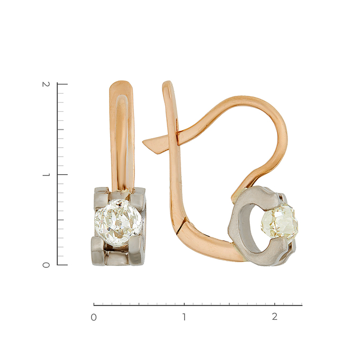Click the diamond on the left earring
click(118, 223)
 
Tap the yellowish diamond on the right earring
click(280, 222)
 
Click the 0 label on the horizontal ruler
click(94, 318)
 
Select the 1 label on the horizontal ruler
click(184, 317)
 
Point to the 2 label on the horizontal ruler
click(275, 317)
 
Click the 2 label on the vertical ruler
click(46, 84)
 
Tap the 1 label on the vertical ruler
click(46, 175)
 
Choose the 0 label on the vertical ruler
click(46, 265)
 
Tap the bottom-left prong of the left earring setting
click(98, 251)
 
